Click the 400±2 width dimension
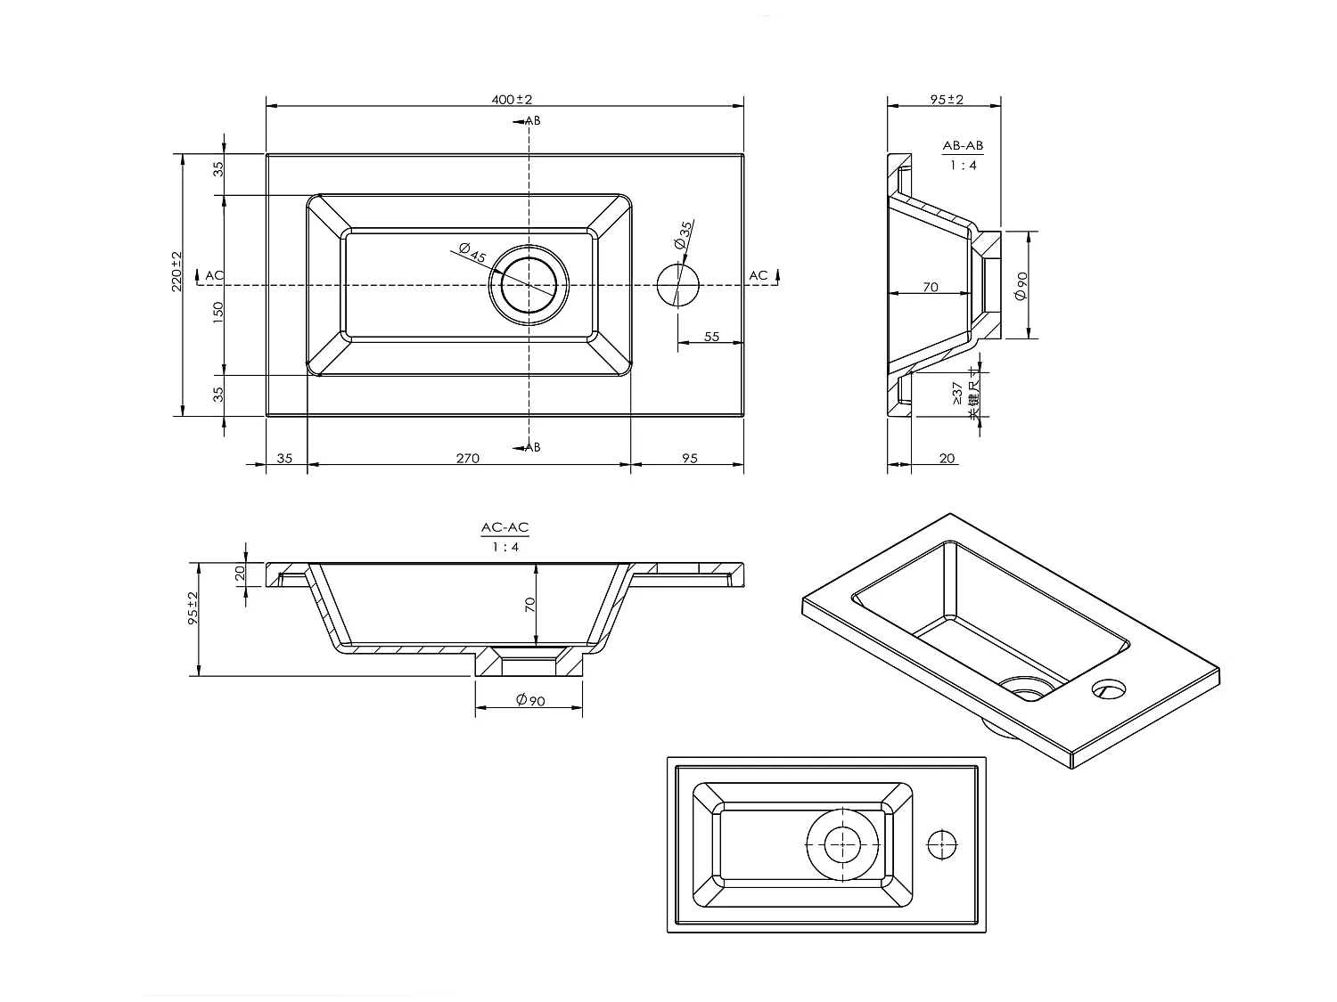click(512, 99)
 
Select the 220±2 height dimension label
click(176, 272)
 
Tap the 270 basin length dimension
click(468, 458)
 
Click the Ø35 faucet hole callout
click(684, 235)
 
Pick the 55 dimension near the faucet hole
click(711, 337)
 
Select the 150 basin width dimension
click(218, 312)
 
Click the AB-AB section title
click(963, 145)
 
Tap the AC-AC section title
click(505, 527)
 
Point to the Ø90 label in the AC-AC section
click(530, 700)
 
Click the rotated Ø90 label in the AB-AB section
click(1021, 285)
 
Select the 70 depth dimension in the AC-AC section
click(529, 605)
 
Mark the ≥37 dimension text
click(957, 394)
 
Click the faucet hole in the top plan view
click(678, 285)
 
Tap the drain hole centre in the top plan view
click(529, 285)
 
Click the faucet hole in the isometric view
click(1109, 689)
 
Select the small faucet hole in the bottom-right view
click(941, 844)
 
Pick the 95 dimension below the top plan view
click(690, 458)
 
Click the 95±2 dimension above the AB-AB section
click(947, 99)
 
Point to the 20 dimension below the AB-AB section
click(947, 458)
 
